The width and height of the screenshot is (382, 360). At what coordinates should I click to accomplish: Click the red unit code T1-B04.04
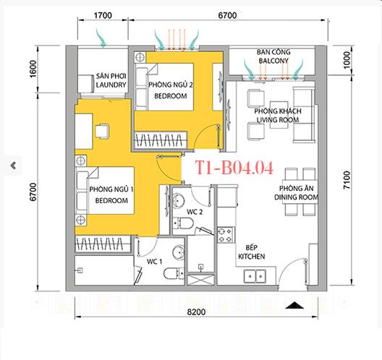point(234,169)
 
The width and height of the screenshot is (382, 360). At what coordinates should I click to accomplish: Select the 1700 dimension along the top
point(103,14)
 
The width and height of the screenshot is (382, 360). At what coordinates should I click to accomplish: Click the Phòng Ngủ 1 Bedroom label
point(109,194)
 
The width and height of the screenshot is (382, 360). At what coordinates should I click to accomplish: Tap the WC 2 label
point(193,212)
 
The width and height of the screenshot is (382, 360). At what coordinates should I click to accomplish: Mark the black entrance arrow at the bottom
point(294,306)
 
